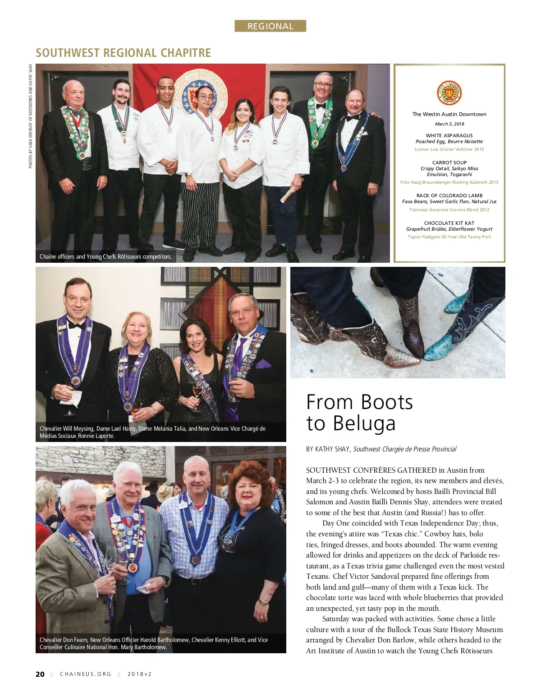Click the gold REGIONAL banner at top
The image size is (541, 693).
[270, 26]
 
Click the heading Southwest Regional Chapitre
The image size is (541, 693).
[123, 53]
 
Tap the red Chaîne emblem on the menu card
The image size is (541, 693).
[449, 93]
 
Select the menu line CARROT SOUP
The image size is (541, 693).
[449, 163]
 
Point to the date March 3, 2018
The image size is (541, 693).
[449, 124]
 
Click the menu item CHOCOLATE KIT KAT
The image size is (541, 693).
[449, 223]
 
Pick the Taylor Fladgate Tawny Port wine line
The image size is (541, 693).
[449, 237]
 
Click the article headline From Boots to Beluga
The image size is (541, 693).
[359, 412]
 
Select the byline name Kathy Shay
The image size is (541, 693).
[333, 449]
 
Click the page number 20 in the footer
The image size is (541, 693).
[40, 674]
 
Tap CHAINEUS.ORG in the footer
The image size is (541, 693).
[86, 674]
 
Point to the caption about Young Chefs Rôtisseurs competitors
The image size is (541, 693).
[105, 256]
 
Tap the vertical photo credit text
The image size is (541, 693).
[31, 116]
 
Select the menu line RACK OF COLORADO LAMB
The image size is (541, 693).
[449, 195]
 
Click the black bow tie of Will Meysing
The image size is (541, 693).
[76, 325]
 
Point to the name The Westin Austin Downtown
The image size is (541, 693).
[449, 114]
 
